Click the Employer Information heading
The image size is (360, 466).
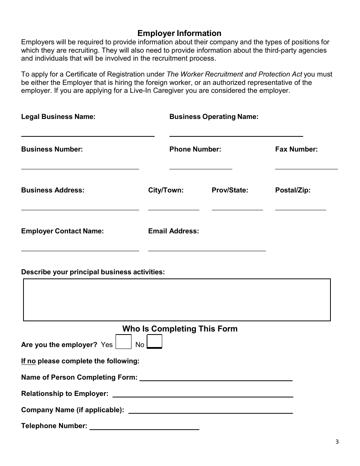click(179, 33)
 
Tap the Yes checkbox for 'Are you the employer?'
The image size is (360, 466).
click(123, 342)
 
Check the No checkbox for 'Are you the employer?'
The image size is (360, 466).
click(154, 342)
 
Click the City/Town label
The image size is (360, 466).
click(166, 190)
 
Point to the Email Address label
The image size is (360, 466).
click(174, 231)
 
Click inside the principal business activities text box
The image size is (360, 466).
click(177, 300)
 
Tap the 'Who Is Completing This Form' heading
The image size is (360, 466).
click(180, 329)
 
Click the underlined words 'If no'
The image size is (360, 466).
click(28, 361)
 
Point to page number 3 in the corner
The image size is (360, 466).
click(337, 442)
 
